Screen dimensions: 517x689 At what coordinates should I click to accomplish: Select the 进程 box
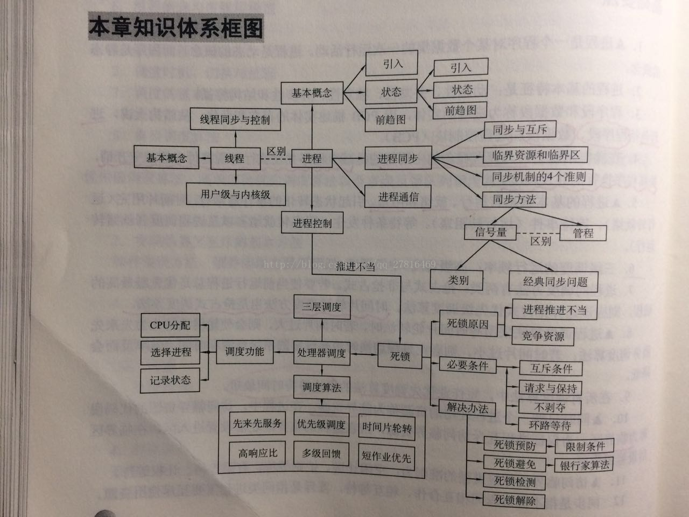(312, 158)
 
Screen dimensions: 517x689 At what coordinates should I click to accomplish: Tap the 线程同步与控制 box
(235, 120)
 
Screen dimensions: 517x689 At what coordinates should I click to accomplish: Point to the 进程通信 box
(398, 197)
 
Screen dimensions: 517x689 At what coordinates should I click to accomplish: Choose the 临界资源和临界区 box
(536, 156)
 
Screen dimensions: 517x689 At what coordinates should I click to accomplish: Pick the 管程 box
(583, 233)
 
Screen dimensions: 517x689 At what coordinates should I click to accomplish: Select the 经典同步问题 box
(555, 281)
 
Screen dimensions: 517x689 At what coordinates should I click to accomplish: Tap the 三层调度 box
(321, 308)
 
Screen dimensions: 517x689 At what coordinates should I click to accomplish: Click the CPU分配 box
(170, 325)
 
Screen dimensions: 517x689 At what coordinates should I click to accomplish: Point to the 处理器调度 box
(321, 353)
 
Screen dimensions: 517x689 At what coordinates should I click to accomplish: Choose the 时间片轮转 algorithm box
(386, 428)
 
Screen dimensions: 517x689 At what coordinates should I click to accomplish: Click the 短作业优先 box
(386, 457)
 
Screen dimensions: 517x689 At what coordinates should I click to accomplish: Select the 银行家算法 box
(584, 465)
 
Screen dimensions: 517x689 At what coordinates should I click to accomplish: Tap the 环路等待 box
(550, 425)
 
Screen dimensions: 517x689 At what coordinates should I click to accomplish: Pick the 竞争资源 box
(543, 337)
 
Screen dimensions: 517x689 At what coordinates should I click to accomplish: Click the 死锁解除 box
(515, 500)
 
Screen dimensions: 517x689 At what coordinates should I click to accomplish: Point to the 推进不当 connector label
(355, 266)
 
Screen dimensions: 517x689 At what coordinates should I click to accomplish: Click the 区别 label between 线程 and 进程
(276, 151)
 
